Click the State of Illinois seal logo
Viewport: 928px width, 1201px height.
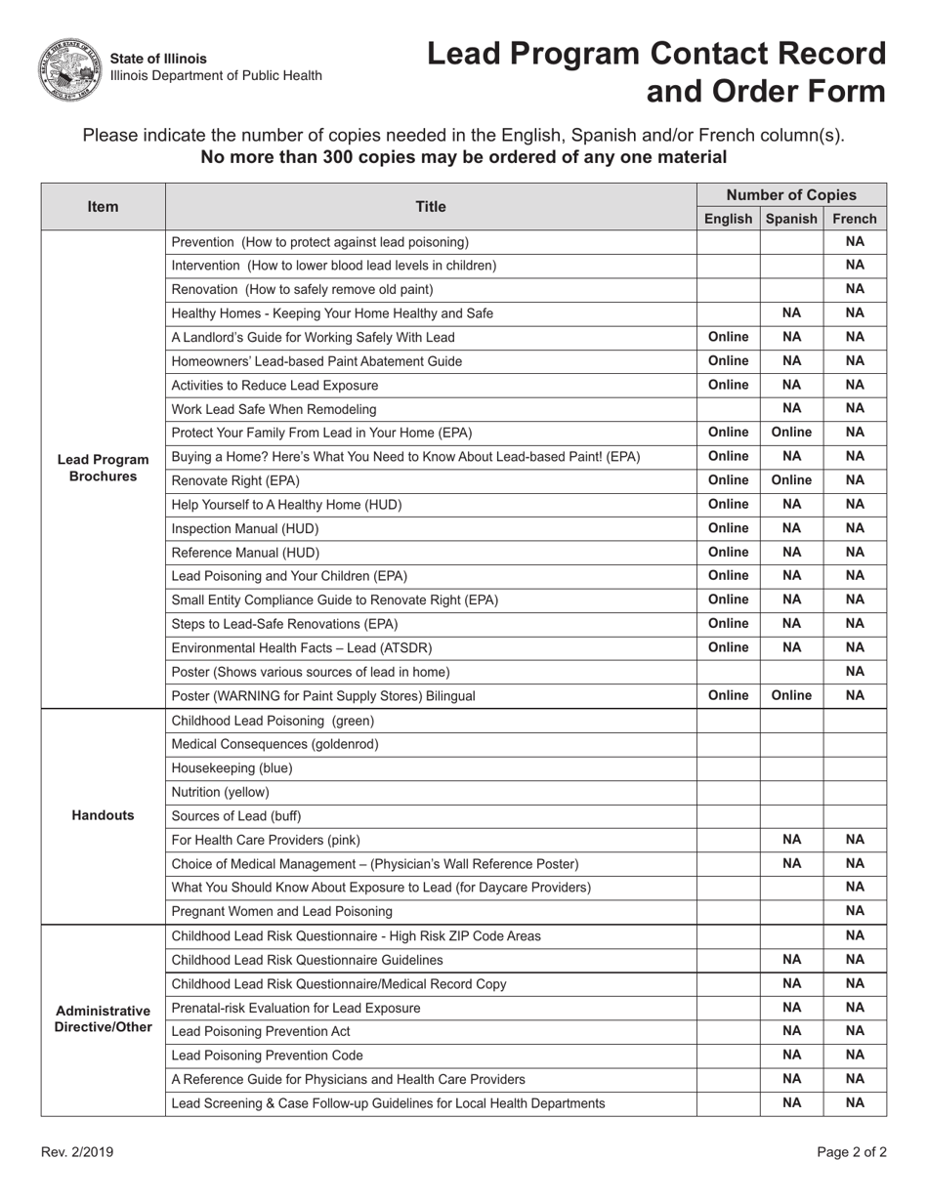click(68, 68)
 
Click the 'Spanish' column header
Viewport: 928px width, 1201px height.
click(791, 219)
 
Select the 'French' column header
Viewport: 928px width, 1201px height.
click(855, 219)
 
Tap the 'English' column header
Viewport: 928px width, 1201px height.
click(728, 219)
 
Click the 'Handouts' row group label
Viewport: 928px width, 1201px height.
click(103, 815)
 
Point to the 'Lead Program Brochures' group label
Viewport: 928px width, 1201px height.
click(103, 468)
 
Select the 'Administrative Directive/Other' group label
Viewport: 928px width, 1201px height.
click(103, 1018)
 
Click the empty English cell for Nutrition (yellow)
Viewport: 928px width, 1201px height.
click(728, 792)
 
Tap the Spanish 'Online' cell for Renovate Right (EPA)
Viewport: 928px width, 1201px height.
click(791, 480)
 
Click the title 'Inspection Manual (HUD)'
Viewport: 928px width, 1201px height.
click(244, 528)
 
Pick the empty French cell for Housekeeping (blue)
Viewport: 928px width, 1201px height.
click(855, 768)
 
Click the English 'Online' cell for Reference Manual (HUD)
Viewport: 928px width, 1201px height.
click(728, 552)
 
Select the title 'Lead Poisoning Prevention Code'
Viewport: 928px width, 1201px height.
click(267, 1055)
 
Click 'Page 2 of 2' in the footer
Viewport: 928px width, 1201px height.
click(852, 1152)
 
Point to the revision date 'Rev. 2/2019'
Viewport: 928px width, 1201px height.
click(77, 1152)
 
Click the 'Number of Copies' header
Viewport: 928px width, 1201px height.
click(791, 194)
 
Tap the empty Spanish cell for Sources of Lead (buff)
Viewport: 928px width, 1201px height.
click(791, 815)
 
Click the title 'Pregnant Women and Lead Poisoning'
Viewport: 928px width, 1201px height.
click(281, 911)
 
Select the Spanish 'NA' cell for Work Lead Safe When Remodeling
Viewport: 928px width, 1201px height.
click(791, 409)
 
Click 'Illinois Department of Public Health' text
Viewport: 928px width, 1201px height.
click(216, 76)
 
